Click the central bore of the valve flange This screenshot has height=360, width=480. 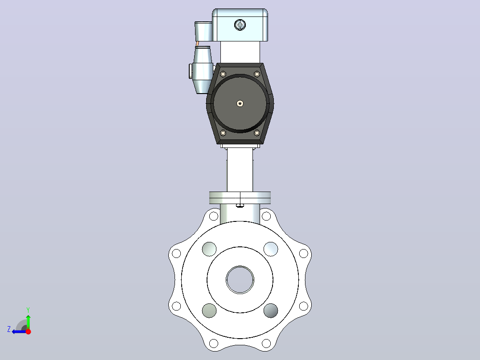240,280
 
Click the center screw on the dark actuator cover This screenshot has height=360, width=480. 240,103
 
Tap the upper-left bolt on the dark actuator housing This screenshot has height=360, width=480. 223,74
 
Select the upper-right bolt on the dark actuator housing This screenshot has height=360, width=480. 257,74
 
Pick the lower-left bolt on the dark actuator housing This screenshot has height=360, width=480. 223,133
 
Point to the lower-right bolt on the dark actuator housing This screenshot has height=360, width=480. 257,133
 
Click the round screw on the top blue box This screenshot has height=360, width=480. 240,25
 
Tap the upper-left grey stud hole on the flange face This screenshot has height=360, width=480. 209,249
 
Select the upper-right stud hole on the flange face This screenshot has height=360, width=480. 271,249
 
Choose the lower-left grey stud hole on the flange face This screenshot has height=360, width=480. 209,311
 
